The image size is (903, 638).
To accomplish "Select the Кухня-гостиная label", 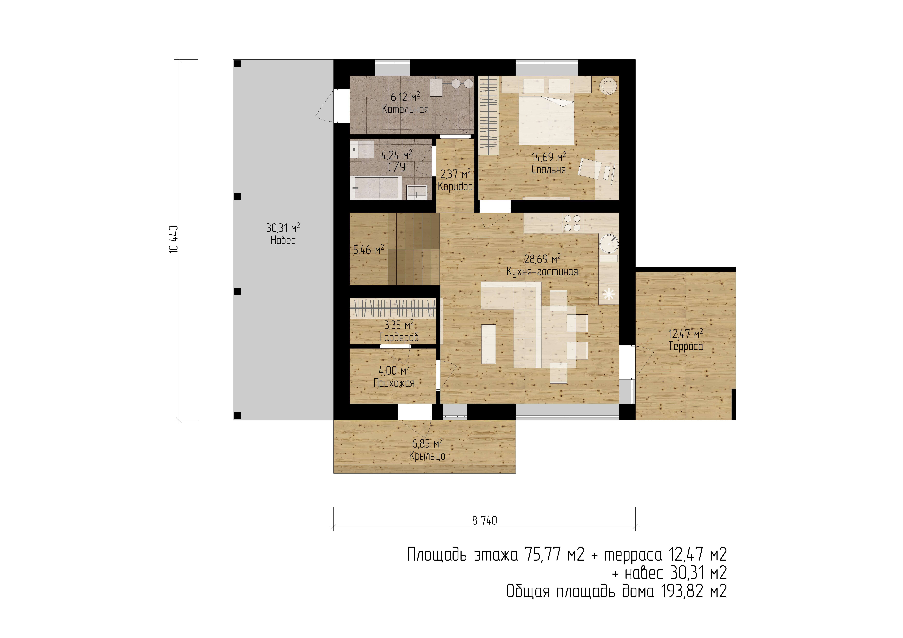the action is point(542,272).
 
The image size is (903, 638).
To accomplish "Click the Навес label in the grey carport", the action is point(283,240).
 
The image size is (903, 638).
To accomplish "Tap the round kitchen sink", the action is point(609,243).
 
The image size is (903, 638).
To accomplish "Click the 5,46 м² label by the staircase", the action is point(368,249).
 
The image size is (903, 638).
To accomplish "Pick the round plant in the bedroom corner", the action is point(608,85).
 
